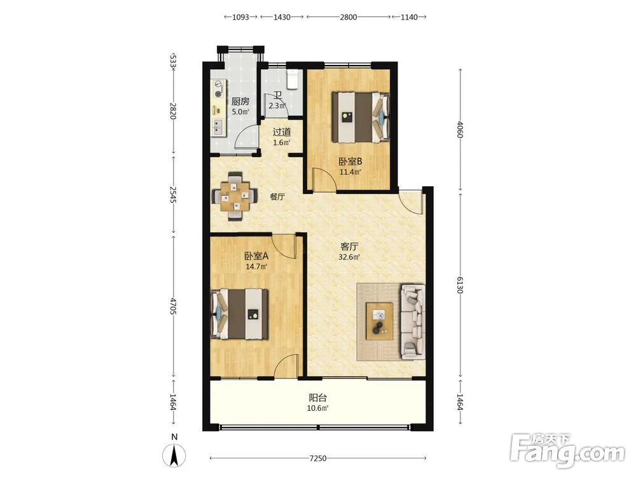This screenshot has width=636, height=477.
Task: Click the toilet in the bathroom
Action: click(x=293, y=79)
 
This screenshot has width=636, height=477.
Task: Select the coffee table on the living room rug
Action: click(x=379, y=321)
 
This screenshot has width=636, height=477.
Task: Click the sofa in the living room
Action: click(x=413, y=322)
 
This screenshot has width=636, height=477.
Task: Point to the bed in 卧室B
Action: click(x=360, y=118)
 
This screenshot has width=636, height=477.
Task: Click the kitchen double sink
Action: click(x=219, y=127)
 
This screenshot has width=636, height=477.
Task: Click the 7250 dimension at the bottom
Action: click(x=317, y=459)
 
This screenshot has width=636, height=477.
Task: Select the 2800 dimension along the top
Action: click(x=349, y=17)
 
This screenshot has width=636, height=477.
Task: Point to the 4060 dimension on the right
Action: click(x=460, y=129)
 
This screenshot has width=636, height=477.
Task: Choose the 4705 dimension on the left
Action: click(x=173, y=307)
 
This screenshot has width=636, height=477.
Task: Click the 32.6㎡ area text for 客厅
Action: click(x=349, y=257)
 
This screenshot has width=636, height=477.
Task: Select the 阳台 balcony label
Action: click(x=317, y=397)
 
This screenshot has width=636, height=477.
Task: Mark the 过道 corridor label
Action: click(x=282, y=132)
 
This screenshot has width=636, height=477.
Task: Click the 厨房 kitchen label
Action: click(x=240, y=101)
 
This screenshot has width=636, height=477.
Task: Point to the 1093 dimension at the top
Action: click(x=240, y=17)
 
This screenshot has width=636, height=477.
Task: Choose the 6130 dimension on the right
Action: click(x=460, y=285)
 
